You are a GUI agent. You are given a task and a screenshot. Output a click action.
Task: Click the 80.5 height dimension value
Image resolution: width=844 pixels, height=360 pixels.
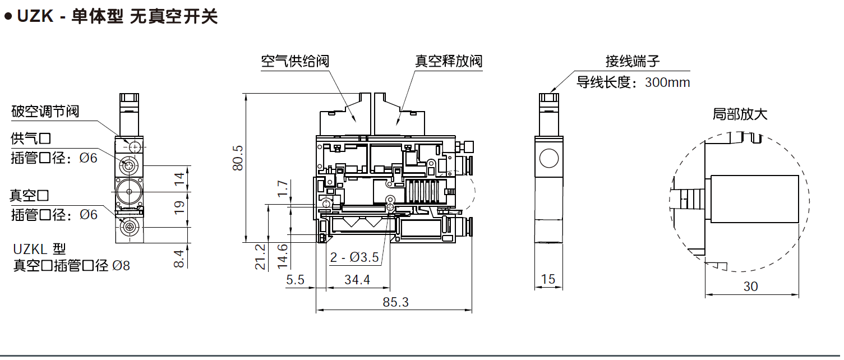(x=237, y=158)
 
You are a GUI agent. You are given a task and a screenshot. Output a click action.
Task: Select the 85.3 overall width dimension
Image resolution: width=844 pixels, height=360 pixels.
(x=396, y=302)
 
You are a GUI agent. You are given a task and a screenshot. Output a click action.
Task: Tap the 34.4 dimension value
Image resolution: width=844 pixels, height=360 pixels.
(x=357, y=280)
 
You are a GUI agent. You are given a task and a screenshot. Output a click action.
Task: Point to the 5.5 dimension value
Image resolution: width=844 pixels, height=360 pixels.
(x=295, y=280)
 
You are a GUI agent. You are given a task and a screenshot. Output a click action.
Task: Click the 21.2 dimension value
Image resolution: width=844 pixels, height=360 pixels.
(x=261, y=257)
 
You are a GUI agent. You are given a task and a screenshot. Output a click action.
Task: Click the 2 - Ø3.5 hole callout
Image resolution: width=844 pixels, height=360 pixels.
(x=355, y=258)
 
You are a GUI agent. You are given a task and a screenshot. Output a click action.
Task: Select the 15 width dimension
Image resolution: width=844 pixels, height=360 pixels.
(x=548, y=279)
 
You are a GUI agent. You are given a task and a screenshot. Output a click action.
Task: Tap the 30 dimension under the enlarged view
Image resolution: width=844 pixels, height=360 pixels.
(x=750, y=287)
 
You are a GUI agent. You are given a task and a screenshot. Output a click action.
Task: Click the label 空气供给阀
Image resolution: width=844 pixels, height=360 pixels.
(x=295, y=61)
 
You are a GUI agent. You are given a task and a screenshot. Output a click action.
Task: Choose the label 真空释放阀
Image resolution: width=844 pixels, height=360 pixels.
(x=449, y=61)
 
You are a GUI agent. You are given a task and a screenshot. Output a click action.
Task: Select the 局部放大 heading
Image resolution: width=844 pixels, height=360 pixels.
(x=740, y=115)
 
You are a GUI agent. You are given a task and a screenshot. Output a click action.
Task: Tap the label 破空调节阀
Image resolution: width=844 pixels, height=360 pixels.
(x=45, y=111)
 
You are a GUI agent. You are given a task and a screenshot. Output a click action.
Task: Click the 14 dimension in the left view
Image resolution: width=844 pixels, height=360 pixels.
(x=179, y=179)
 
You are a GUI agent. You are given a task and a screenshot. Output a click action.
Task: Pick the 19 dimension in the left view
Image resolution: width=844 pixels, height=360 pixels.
(x=179, y=207)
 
